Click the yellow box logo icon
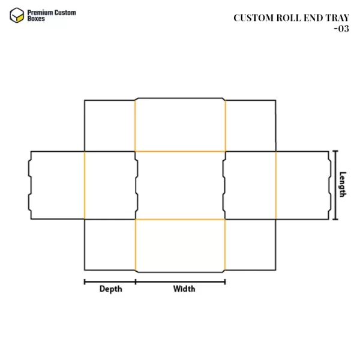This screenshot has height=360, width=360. coord(16,15)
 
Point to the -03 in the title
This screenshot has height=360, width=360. coord(341,28)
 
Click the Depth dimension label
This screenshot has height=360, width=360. coord(110,289)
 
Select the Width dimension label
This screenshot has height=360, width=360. coord(184,289)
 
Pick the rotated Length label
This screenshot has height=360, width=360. coord(343,185)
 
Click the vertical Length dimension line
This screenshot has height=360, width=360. coord(335,185)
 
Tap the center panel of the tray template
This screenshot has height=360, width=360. coord(180,185)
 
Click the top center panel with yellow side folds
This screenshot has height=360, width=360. coord(180,125)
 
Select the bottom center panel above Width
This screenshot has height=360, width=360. coord(180,245)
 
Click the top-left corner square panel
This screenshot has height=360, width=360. coord(110,125)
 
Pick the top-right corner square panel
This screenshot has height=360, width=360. coord(250,125)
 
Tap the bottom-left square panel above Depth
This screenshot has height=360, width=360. coord(110,245)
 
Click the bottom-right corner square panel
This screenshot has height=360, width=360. coord(250,245)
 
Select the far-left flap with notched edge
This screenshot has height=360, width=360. coord(57,185)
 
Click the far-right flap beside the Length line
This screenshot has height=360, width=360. coord(302,185)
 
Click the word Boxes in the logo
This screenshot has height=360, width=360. coord(38,19)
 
